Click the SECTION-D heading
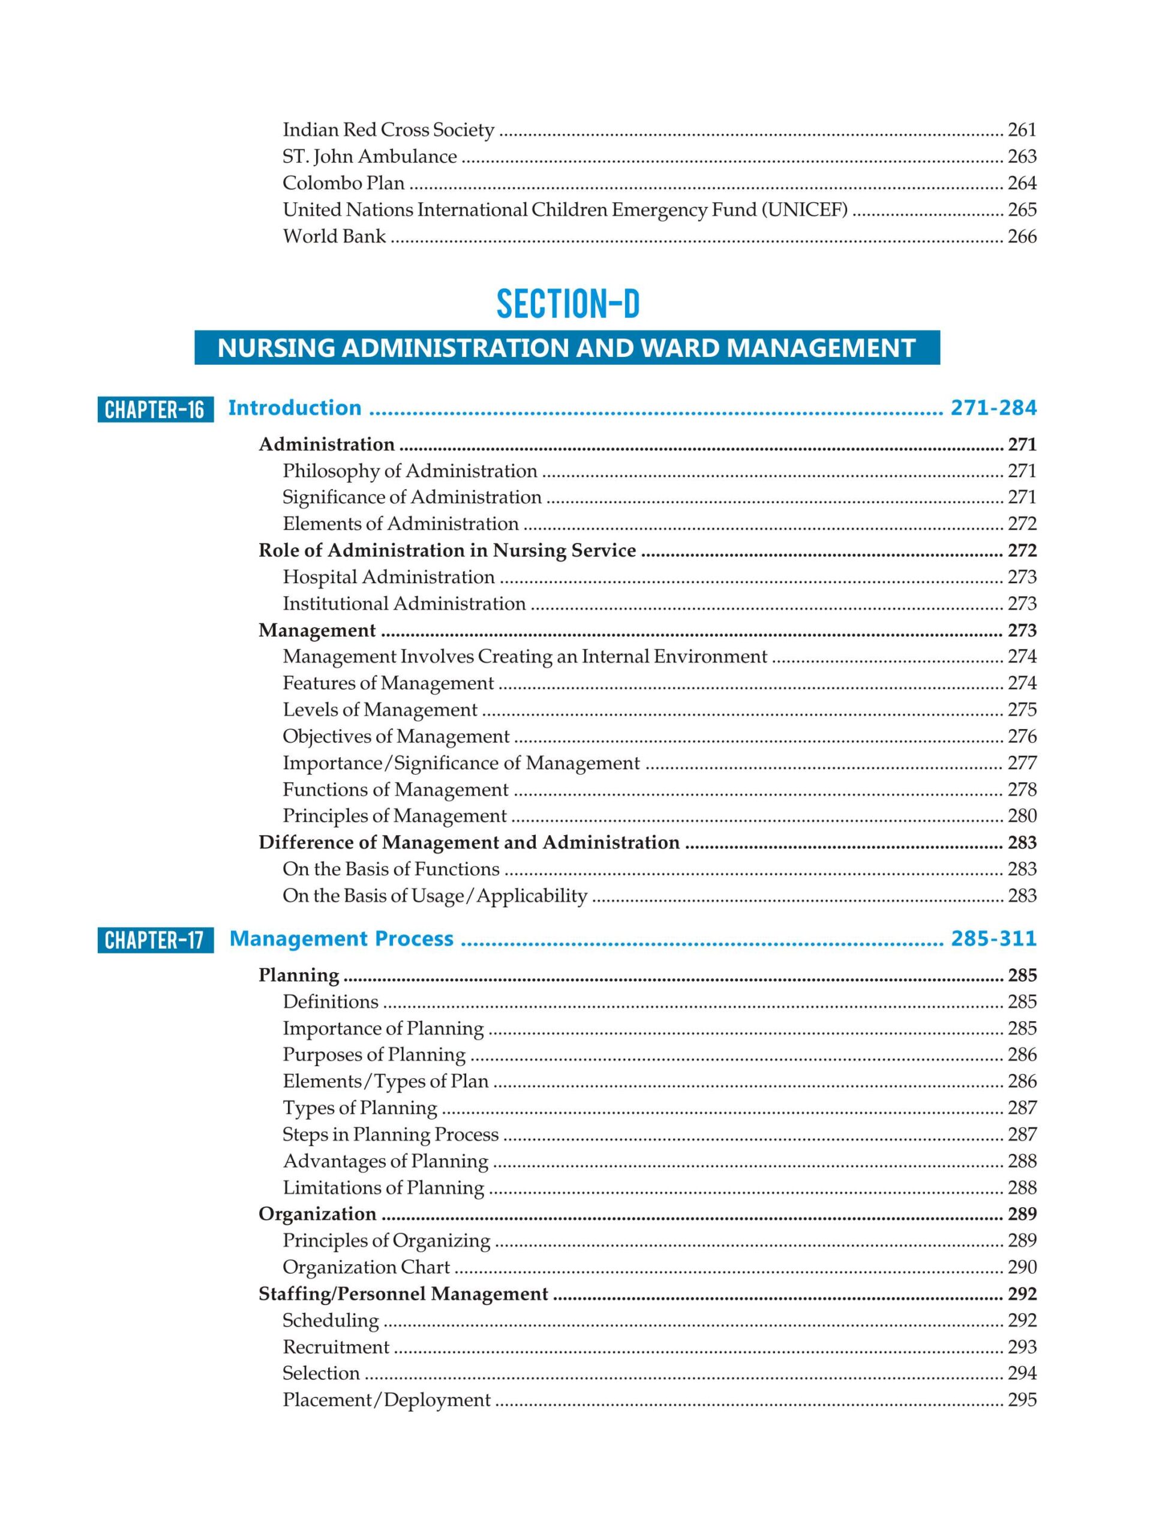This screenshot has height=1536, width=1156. tap(568, 304)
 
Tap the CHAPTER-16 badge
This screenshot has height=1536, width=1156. tap(155, 409)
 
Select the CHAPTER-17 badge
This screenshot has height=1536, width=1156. tap(155, 940)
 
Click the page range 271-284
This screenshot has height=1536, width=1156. tap(993, 407)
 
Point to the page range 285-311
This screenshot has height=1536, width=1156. tap(993, 938)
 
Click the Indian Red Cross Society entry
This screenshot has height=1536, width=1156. tap(388, 130)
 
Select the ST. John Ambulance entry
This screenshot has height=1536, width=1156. tap(370, 156)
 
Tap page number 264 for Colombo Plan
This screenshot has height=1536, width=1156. tap(1022, 184)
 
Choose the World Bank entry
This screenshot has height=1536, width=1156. tap(334, 236)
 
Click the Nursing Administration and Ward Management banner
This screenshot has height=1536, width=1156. tap(566, 347)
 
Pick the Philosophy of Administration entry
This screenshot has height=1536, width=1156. tap(410, 471)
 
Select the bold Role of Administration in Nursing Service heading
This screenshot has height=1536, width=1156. tap(447, 551)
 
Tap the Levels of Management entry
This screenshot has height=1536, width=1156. tap(380, 710)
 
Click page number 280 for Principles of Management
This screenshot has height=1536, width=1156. tap(1022, 816)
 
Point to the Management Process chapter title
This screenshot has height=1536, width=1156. tap(341, 939)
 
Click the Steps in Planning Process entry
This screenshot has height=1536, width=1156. tap(390, 1135)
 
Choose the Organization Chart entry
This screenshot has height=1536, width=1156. tap(366, 1267)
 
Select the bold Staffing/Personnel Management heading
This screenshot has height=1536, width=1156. tap(403, 1294)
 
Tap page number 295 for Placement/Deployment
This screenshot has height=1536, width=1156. tap(1022, 1400)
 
